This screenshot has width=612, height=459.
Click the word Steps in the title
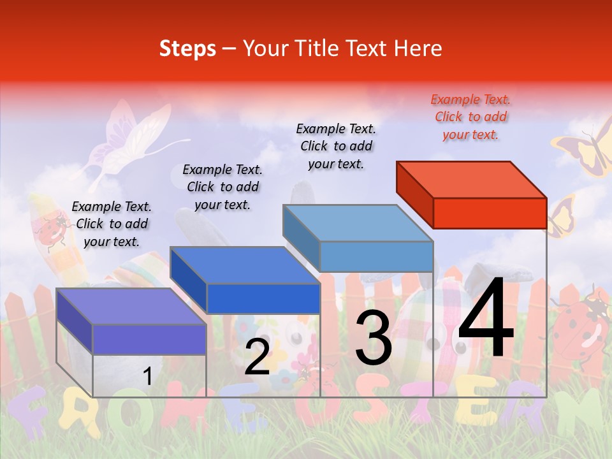coord(187,48)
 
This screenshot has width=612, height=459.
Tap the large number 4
coord(486,319)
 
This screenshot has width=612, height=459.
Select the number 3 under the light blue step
coord(373,339)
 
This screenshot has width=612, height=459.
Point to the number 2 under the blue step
coord(258,357)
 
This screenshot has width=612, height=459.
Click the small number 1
coord(147,377)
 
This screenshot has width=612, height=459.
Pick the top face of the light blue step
coord(358,223)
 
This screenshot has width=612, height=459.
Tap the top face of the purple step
coord(131,307)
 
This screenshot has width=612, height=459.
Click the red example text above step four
coord(470,117)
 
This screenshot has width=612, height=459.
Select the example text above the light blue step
coord(336,146)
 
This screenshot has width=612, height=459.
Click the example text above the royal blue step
coord(222,187)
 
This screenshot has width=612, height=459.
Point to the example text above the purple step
coord(112,224)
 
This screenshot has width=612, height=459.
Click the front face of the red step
coord(490,213)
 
